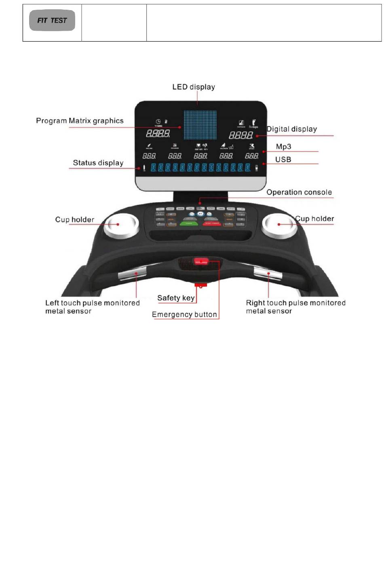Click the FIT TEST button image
52,21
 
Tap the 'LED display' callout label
194,87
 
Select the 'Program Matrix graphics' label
80,121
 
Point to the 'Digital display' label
292,129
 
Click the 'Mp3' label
283,147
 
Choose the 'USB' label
283,160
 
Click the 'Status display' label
98,163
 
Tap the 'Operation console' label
299,192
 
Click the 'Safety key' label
176,298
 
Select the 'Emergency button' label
184,314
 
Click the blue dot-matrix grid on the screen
200,125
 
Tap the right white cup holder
279,225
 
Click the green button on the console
189,223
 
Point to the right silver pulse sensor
268,274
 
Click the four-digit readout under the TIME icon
158,133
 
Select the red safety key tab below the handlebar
201,285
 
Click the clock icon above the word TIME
158,122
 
